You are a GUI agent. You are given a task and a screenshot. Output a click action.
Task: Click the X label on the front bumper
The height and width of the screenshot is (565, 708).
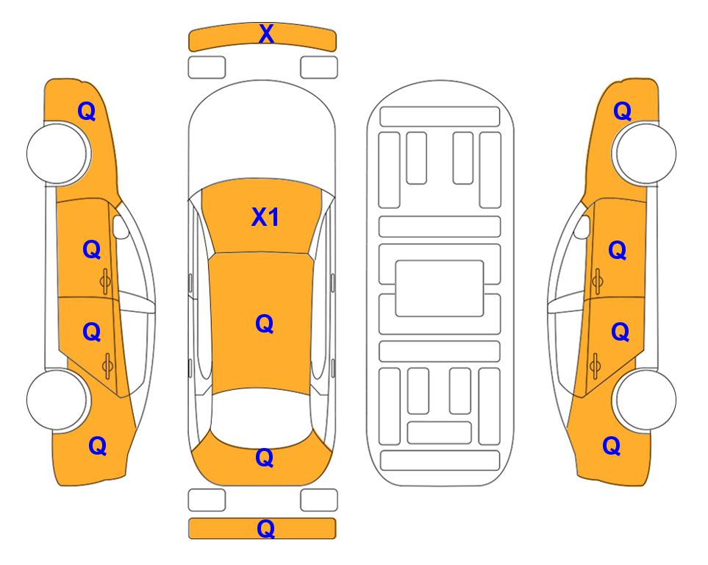266,34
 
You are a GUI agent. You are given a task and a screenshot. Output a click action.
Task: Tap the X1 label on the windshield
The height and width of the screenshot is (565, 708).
265,217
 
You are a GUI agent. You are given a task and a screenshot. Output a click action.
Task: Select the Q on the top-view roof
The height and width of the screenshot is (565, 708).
265,324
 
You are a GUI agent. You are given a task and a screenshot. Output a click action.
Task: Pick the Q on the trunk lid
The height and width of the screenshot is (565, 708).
265,458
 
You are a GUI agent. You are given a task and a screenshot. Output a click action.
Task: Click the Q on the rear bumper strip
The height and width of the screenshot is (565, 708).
266,528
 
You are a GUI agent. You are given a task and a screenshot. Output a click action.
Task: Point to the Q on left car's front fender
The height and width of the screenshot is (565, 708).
87,111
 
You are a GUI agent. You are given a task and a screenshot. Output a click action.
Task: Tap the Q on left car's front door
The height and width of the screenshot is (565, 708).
92,249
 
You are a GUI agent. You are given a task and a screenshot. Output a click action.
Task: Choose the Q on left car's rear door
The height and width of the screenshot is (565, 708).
92,333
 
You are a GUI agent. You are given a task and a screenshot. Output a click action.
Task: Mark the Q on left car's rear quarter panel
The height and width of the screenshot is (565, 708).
98,446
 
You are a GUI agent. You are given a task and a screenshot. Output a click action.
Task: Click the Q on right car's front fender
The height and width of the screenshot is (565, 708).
622,111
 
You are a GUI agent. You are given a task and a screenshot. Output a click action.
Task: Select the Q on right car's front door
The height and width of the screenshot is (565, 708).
618,250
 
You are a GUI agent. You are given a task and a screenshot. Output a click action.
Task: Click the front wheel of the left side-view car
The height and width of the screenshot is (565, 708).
58,154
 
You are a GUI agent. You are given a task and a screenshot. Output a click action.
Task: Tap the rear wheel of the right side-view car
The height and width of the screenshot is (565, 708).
645,399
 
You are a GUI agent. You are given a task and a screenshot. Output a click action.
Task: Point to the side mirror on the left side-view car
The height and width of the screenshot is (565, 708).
121,227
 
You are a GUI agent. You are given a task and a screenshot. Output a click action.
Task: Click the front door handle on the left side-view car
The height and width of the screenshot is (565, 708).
105,281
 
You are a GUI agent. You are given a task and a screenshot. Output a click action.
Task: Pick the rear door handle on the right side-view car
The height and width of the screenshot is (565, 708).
595,365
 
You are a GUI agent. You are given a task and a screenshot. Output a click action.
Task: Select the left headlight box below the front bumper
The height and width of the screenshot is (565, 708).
207,68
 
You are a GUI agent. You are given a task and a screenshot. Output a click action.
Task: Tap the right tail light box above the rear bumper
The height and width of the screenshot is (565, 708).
319,500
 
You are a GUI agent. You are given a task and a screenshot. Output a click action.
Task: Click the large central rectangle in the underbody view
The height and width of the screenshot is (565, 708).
440,288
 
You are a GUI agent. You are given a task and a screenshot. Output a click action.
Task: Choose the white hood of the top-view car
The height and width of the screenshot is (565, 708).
262,135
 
